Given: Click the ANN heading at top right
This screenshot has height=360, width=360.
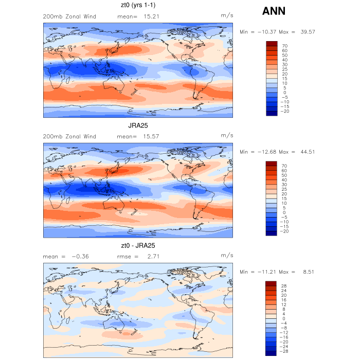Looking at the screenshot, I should [x=274, y=10].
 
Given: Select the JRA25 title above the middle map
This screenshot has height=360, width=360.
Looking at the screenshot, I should [x=138, y=125].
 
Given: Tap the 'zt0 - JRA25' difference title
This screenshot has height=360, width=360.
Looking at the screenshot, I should [x=138, y=246].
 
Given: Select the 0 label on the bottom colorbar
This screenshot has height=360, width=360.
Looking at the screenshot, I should [x=284, y=319].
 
